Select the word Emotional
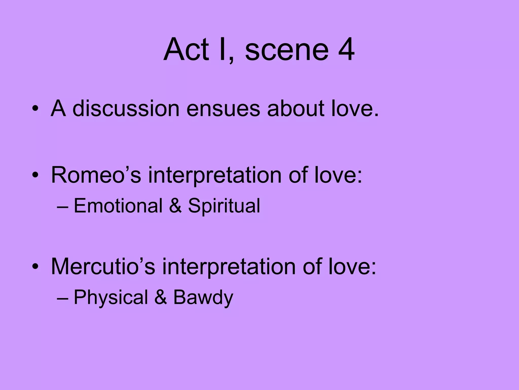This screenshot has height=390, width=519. point(118,205)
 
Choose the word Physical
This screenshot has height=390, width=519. point(111,298)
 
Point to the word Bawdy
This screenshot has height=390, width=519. point(203,298)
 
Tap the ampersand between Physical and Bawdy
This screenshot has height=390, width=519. point(160,298)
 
